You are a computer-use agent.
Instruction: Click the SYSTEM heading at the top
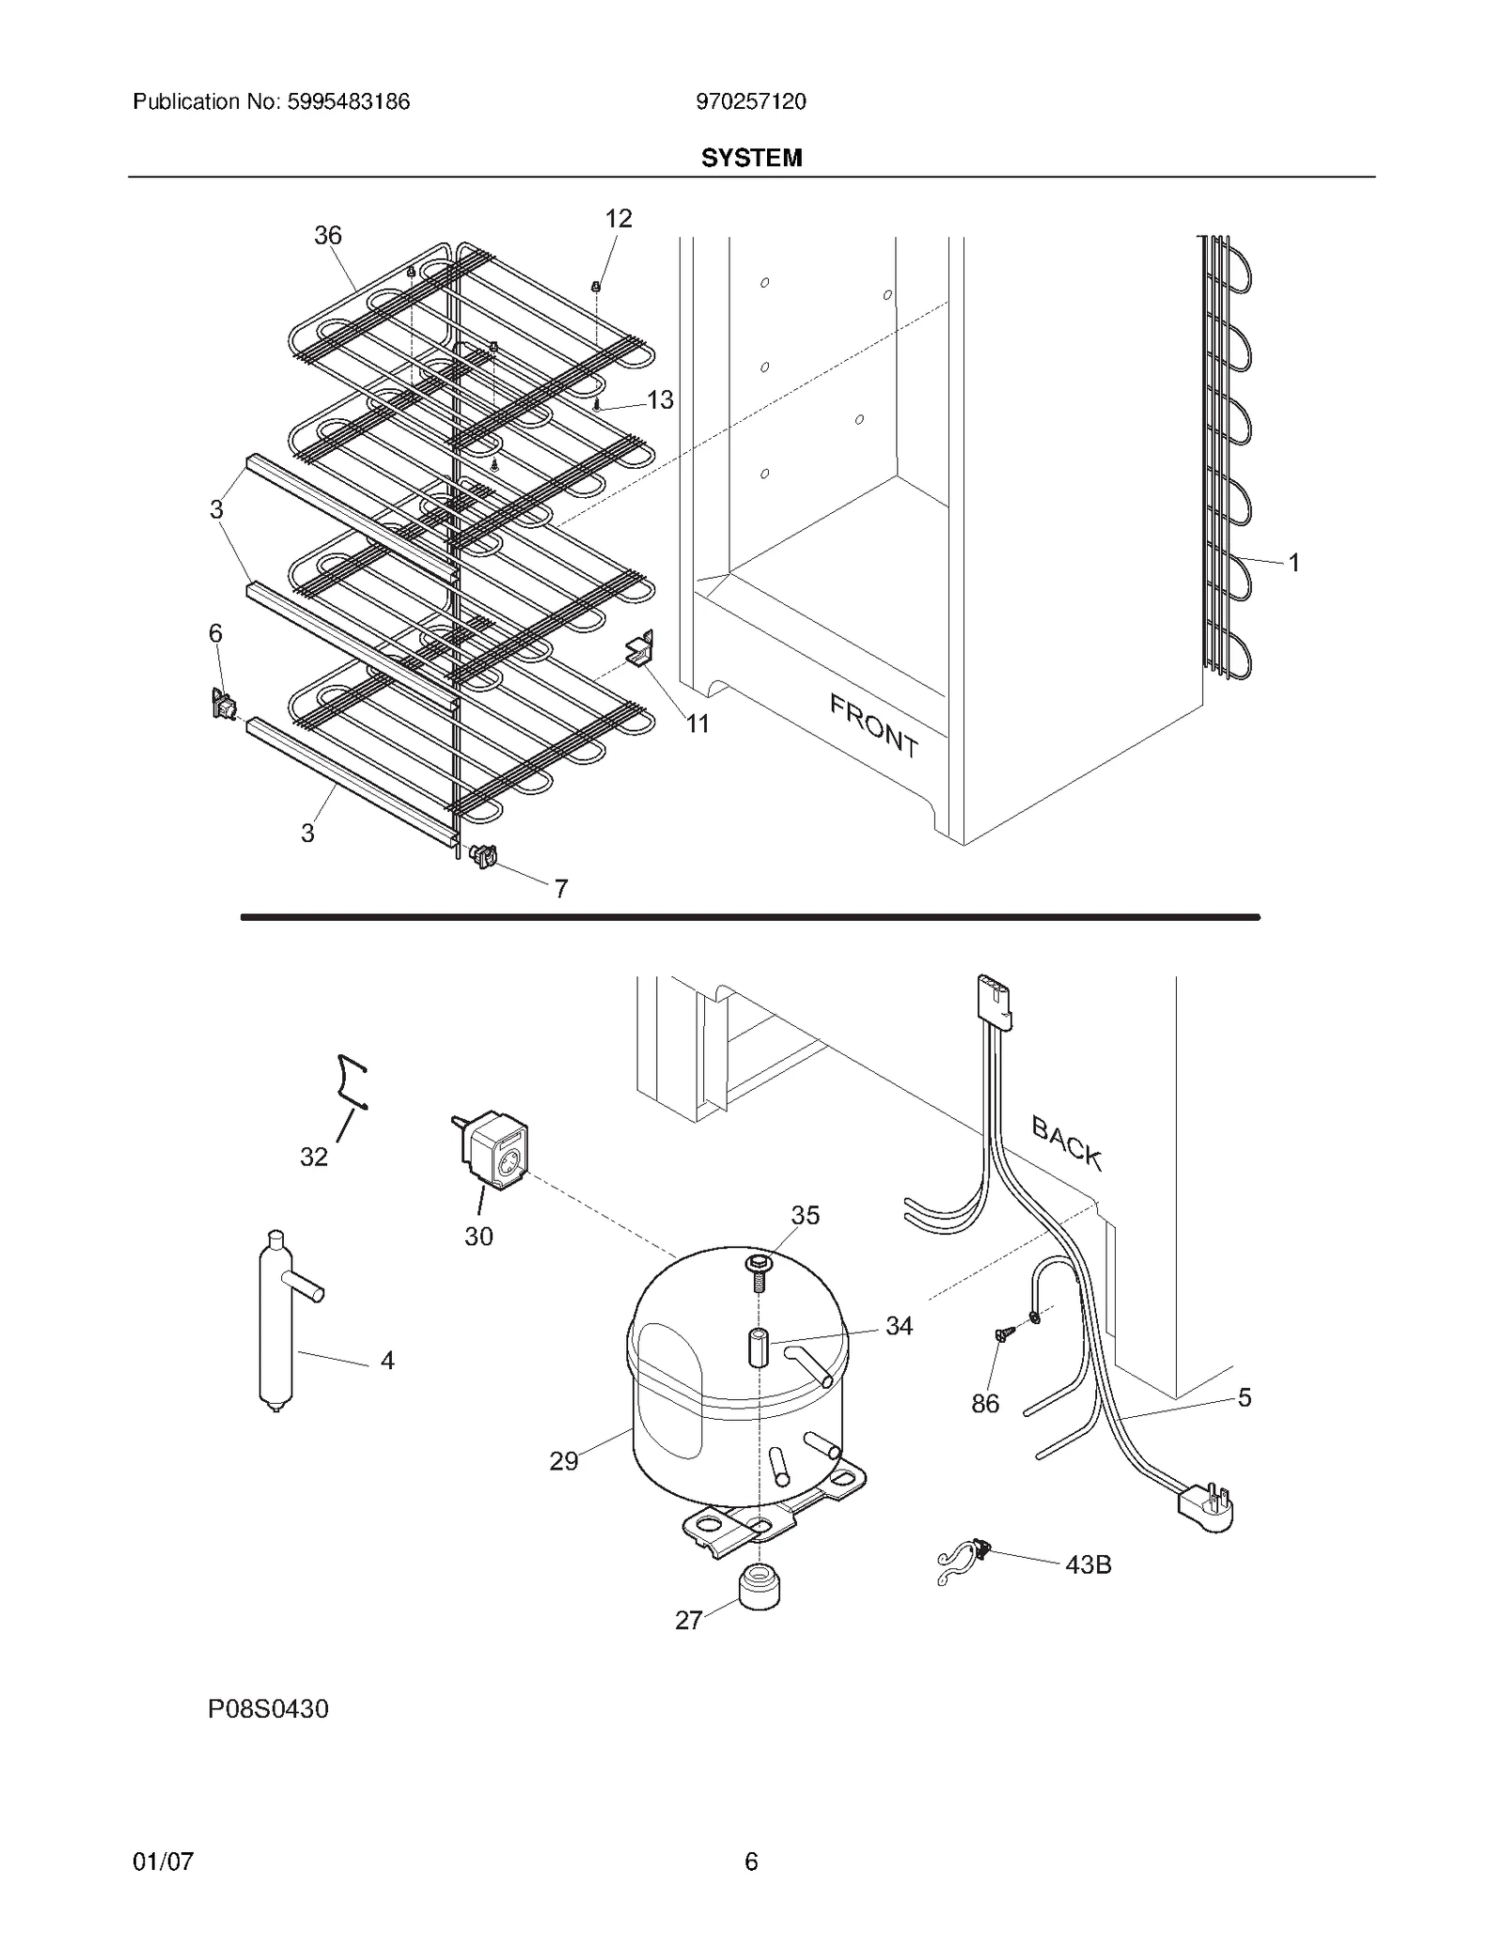(x=751, y=158)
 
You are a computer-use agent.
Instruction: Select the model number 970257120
(x=750, y=101)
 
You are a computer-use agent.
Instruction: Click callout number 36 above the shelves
(x=327, y=235)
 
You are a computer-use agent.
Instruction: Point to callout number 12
(x=618, y=219)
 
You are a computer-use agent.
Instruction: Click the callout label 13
(x=660, y=399)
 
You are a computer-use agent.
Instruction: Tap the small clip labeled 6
(x=224, y=704)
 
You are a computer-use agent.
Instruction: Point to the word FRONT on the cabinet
(x=873, y=724)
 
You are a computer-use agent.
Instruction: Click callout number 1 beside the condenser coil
(x=1293, y=563)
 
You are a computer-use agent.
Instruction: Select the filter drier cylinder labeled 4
(x=276, y=1325)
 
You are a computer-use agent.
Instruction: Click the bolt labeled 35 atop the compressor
(x=757, y=1272)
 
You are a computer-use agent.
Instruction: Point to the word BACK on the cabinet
(x=1066, y=1142)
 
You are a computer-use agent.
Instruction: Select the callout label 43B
(x=1088, y=1565)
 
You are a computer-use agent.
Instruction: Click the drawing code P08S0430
(x=268, y=1709)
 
